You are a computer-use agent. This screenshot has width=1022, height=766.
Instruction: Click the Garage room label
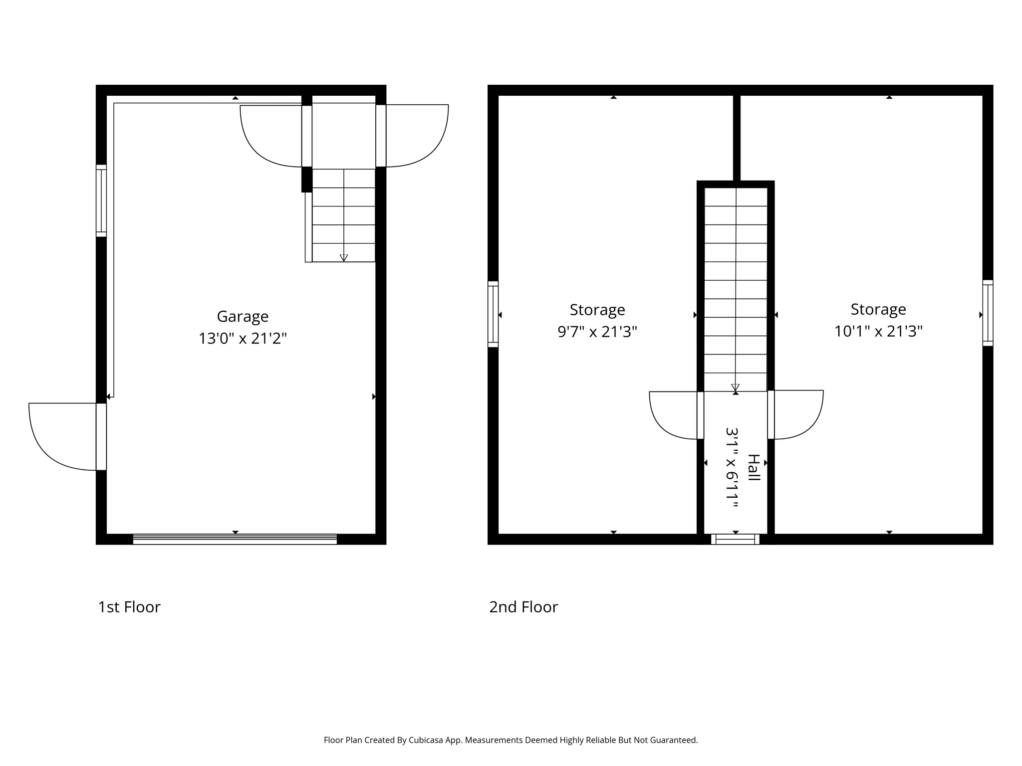(243, 317)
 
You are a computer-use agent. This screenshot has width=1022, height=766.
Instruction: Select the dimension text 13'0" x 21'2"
(243, 339)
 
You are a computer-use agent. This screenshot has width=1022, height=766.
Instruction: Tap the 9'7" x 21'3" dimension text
(597, 332)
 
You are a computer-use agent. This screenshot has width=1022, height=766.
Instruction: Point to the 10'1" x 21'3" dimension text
(878, 331)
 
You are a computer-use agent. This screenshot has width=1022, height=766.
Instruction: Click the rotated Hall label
(753, 467)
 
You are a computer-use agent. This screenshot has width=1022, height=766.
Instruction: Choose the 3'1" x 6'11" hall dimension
(732, 467)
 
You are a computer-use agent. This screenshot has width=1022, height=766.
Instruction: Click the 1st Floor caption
(129, 607)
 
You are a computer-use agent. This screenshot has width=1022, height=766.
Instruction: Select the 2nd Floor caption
(523, 607)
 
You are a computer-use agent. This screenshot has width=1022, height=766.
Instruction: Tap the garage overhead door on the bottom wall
(235, 539)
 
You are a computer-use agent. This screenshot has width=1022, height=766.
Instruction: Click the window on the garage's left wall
(101, 200)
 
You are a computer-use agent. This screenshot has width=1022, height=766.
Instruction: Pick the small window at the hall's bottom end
(735, 539)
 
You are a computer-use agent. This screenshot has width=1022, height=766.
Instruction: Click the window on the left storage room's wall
(493, 314)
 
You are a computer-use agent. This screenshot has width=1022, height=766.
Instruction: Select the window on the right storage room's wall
(988, 313)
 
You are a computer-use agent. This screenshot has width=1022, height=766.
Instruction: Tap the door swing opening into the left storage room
(671, 416)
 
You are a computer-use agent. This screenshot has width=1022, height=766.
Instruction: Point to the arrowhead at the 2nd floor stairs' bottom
(735, 387)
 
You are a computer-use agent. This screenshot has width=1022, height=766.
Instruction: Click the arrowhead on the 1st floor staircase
(344, 258)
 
